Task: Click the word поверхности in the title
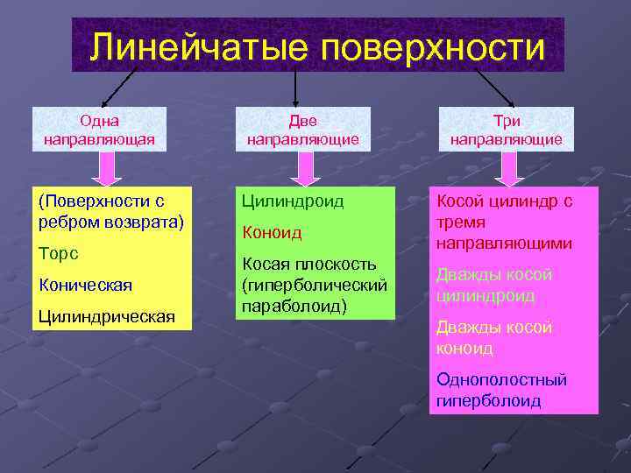(434, 46)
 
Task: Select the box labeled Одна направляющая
(99, 130)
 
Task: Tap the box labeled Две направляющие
(302, 130)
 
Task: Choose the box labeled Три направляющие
(506, 130)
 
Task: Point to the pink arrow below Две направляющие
(303, 168)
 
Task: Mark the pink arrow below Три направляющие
(506, 168)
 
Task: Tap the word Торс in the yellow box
(59, 254)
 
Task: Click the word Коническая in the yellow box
(85, 285)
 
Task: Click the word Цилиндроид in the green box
(293, 201)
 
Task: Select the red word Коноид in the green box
(272, 232)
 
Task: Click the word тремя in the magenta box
(459, 222)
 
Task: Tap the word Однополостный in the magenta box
(500, 380)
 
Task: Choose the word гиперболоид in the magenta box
(488, 401)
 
